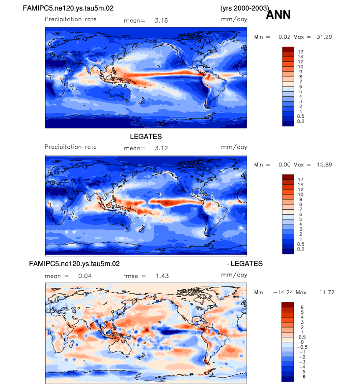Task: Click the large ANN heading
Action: click(x=278, y=15)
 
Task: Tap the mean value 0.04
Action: click(x=84, y=276)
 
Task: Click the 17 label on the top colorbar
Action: click(x=300, y=51)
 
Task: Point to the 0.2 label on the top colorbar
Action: click(x=300, y=121)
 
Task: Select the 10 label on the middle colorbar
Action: click(x=300, y=195)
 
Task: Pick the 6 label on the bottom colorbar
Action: click(x=300, y=306)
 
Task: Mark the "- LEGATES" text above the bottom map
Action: click(x=244, y=264)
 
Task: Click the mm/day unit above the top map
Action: click(x=233, y=20)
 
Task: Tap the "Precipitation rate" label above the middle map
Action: click(x=71, y=147)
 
